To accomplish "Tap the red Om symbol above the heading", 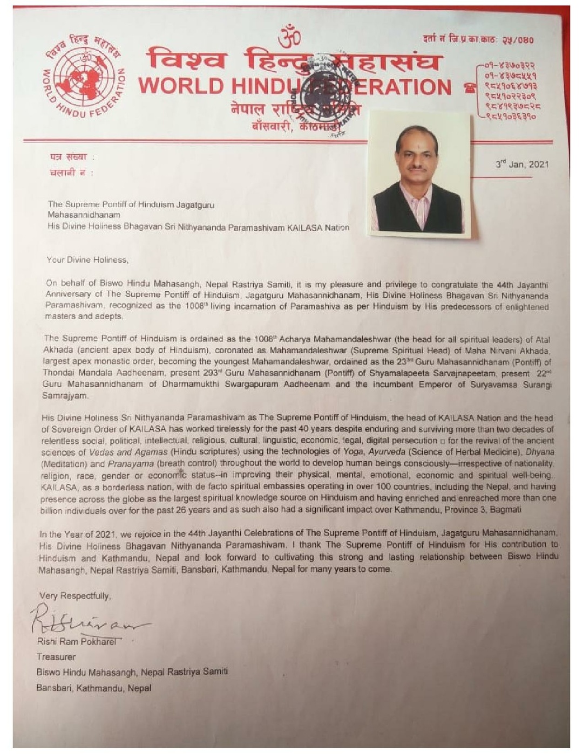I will [289, 37].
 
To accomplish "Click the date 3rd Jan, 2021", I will [521, 164].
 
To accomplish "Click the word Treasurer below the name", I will [56, 657].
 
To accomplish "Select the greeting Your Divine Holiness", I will [87, 260].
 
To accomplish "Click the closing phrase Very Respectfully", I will [75, 596].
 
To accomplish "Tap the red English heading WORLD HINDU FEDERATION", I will [295, 87].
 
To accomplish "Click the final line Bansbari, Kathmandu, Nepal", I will [93, 688].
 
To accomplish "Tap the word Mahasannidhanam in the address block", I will [84, 215].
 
